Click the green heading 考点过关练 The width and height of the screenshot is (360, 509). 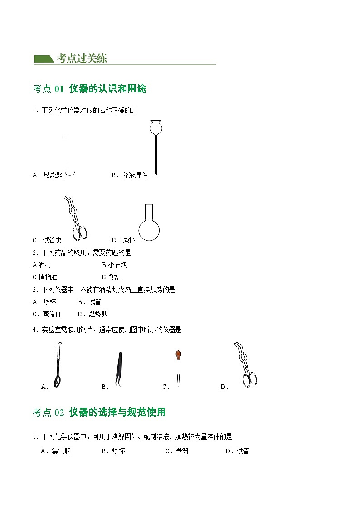tap(82, 58)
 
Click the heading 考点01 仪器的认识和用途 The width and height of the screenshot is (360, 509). tap(90, 89)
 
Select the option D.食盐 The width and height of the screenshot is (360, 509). tap(111, 277)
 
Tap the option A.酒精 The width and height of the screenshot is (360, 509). tap(42, 265)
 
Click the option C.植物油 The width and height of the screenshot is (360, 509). tap(45, 277)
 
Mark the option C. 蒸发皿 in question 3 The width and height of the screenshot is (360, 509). tap(47, 314)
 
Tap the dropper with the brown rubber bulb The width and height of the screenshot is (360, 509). tap(179, 367)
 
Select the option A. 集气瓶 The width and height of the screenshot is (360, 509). tap(55, 451)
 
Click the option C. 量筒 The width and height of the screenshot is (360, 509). tap(177, 451)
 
